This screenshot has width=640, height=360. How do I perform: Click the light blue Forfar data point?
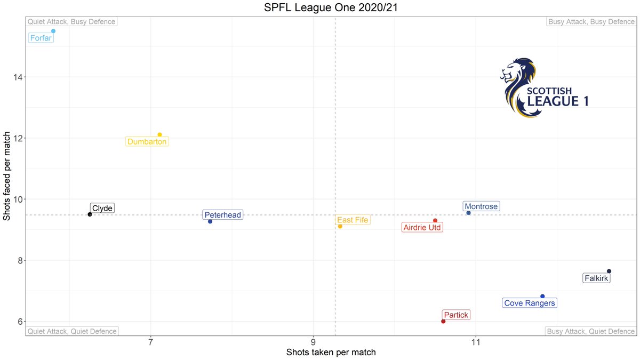(x=53, y=31)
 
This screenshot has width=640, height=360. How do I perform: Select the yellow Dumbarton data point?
(x=159, y=134)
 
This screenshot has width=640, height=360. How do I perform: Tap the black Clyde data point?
(x=90, y=214)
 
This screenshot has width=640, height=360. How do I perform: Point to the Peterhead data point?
(x=210, y=221)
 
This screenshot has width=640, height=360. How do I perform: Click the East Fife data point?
(x=340, y=226)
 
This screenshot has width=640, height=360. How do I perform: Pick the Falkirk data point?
(x=609, y=271)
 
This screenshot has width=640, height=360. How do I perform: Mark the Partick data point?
(x=443, y=321)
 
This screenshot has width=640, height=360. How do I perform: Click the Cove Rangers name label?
(x=530, y=303)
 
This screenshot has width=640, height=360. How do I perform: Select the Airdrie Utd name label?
(x=422, y=228)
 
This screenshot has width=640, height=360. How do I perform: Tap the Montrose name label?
(x=481, y=206)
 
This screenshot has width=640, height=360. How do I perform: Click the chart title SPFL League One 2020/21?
(x=319, y=8)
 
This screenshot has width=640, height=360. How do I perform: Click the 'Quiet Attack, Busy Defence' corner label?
(x=71, y=22)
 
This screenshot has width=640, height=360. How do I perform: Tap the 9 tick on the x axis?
(x=313, y=341)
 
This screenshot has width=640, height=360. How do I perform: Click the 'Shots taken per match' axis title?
(x=331, y=353)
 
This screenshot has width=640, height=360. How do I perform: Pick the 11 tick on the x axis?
(x=475, y=341)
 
